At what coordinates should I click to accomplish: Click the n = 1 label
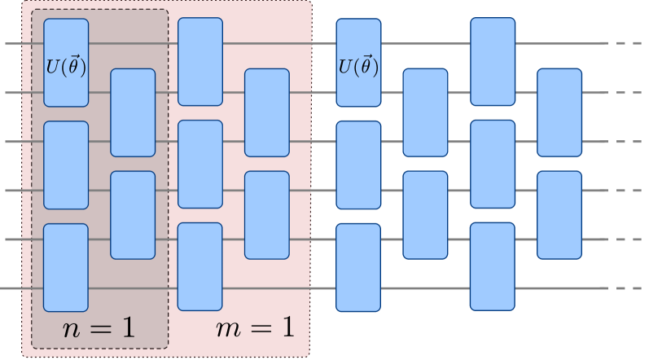99,328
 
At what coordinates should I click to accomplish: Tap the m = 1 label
254,328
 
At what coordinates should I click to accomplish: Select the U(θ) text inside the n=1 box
66,66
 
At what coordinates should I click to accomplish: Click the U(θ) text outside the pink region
358,66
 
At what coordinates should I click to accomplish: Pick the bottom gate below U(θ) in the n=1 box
66,267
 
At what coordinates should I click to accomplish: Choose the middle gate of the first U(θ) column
66,165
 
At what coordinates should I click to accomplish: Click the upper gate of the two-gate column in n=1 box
133,112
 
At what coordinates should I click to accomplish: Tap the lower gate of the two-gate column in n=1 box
133,215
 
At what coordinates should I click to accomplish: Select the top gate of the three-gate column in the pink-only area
200,62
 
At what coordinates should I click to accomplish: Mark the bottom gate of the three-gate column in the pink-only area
200,266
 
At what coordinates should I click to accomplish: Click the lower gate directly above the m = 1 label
267,215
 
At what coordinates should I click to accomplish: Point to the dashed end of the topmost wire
624,43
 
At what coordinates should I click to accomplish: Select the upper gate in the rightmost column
559,112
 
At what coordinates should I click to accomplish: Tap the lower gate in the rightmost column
559,215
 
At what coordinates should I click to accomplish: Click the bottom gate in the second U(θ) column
358,267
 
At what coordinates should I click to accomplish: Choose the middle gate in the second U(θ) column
358,165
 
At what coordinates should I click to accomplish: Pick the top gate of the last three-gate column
493,62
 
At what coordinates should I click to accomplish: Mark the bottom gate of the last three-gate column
493,266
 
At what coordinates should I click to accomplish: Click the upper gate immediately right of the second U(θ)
425,112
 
